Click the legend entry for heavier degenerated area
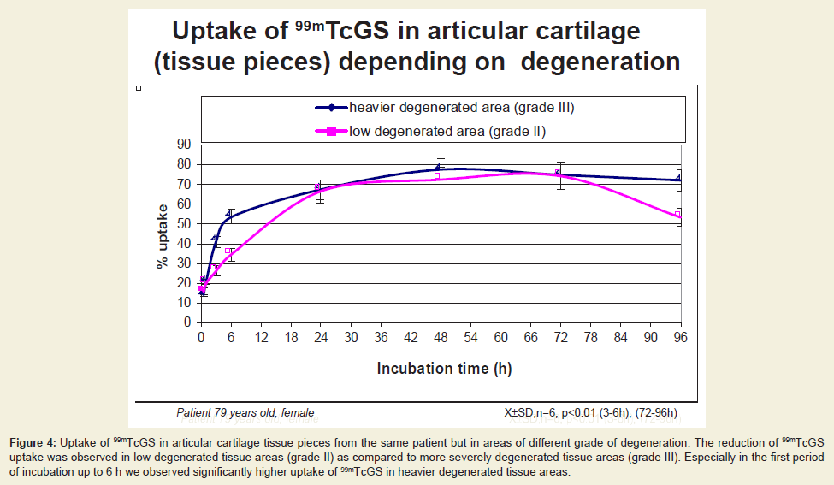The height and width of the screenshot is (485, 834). click(x=445, y=108)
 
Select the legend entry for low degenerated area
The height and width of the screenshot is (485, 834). click(x=431, y=132)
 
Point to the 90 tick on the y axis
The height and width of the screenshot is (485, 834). click(x=184, y=144)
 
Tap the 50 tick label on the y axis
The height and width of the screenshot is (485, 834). click(x=184, y=223)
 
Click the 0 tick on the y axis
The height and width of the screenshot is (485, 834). click(x=187, y=322)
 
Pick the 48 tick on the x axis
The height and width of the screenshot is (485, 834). click(x=441, y=338)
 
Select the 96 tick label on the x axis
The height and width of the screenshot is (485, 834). click(x=680, y=338)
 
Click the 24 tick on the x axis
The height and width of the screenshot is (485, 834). click(x=321, y=338)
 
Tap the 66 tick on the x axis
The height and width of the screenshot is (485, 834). click(x=531, y=338)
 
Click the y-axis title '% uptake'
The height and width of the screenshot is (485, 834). click(x=163, y=237)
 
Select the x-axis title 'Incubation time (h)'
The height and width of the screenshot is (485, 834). click(x=444, y=369)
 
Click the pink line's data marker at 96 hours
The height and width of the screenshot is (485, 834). click(x=677, y=215)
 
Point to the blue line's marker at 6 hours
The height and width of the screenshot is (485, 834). click(x=228, y=213)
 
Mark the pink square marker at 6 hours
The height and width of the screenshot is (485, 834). click(x=228, y=251)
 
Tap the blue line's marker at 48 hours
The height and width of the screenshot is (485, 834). click(x=438, y=167)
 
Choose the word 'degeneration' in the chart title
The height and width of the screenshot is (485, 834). click(x=600, y=62)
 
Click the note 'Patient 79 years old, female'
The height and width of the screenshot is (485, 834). click(x=245, y=412)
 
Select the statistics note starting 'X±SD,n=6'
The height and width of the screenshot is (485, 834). click(x=591, y=412)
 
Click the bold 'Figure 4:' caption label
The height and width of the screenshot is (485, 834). click(x=33, y=442)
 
